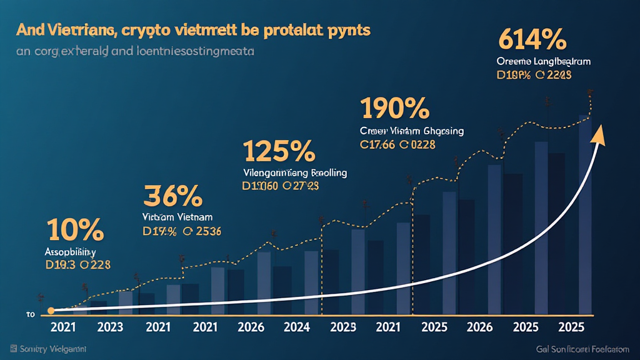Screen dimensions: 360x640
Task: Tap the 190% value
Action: click(x=394, y=108)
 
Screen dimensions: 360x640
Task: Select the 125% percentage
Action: click(x=278, y=151)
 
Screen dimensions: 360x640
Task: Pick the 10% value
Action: click(x=74, y=231)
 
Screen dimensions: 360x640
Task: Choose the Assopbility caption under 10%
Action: click(x=71, y=252)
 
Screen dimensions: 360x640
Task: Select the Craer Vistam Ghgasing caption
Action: click(x=412, y=131)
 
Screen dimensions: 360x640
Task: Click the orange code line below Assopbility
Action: click(x=78, y=264)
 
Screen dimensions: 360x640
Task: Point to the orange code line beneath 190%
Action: click(x=397, y=144)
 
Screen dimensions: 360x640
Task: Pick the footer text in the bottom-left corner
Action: click(x=49, y=348)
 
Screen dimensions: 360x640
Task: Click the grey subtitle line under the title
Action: click(x=136, y=52)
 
